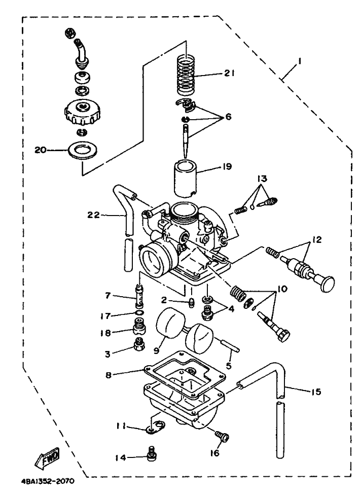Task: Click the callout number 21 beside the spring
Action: pyautogui.click(x=229, y=73)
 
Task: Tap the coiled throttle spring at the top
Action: pyautogui.click(x=186, y=75)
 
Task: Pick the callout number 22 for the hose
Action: pyautogui.click(x=94, y=215)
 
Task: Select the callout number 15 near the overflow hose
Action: pyautogui.click(x=316, y=392)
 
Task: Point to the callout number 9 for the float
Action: pyautogui.click(x=157, y=350)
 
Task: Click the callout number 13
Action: pyautogui.click(x=262, y=179)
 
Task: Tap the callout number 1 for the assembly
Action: pyautogui.click(x=299, y=60)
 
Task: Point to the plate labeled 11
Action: pyautogui.click(x=155, y=426)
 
